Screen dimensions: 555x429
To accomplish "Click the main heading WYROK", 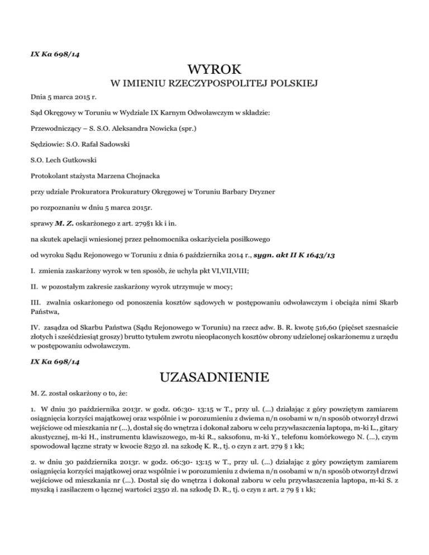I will (214, 70).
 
